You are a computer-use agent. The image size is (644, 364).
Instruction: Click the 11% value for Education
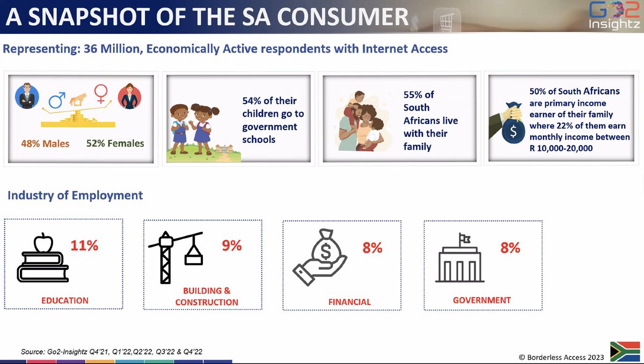(x=85, y=246)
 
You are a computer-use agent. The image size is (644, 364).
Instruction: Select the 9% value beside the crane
(x=232, y=245)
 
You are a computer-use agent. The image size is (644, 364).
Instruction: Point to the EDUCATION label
(x=65, y=300)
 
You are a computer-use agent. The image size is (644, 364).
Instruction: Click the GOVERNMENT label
(x=482, y=300)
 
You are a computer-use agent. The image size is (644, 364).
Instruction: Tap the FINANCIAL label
(x=349, y=302)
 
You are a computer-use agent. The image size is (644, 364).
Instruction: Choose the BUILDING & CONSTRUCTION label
(x=207, y=296)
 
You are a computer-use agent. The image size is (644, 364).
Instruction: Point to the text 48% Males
(x=46, y=144)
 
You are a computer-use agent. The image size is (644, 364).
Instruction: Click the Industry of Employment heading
(x=75, y=195)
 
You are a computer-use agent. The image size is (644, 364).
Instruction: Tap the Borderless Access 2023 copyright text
(x=561, y=357)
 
